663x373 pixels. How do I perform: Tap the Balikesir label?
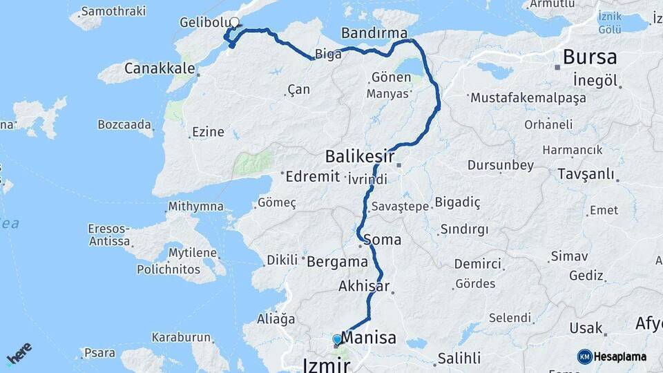tap(360, 157)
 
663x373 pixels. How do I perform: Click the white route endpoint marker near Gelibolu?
tap(234, 22)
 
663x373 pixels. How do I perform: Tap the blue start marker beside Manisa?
tap(337, 340)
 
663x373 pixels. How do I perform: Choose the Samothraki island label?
tap(113, 11)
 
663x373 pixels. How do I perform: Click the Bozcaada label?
tap(124, 124)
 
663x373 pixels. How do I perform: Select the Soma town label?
tap(386, 240)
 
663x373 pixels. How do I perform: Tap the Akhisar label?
tap(364, 285)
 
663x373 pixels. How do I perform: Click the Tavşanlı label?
tap(587, 172)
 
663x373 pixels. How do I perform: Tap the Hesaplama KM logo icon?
tap(585, 356)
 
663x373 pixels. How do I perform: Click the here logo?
tap(19, 353)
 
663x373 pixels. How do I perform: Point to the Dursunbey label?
tap(500, 165)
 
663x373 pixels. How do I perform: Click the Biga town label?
tap(328, 55)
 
